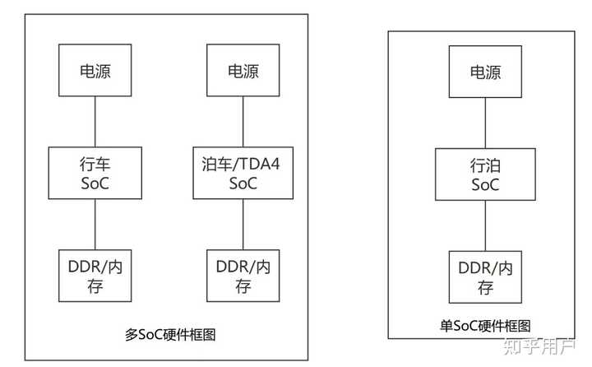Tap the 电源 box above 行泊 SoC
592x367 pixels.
click(485, 71)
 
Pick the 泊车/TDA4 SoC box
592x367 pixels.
click(243, 173)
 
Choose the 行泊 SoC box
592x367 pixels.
click(485, 174)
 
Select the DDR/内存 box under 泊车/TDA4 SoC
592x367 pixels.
click(243, 275)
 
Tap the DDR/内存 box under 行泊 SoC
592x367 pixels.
click(485, 276)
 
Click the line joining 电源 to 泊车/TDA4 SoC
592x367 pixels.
click(243, 122)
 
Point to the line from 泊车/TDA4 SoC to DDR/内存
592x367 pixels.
click(243, 224)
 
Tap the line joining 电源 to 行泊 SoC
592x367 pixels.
click(485, 123)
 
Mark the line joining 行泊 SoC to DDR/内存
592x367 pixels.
click(485, 225)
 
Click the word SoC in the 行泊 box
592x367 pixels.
click(485, 185)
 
